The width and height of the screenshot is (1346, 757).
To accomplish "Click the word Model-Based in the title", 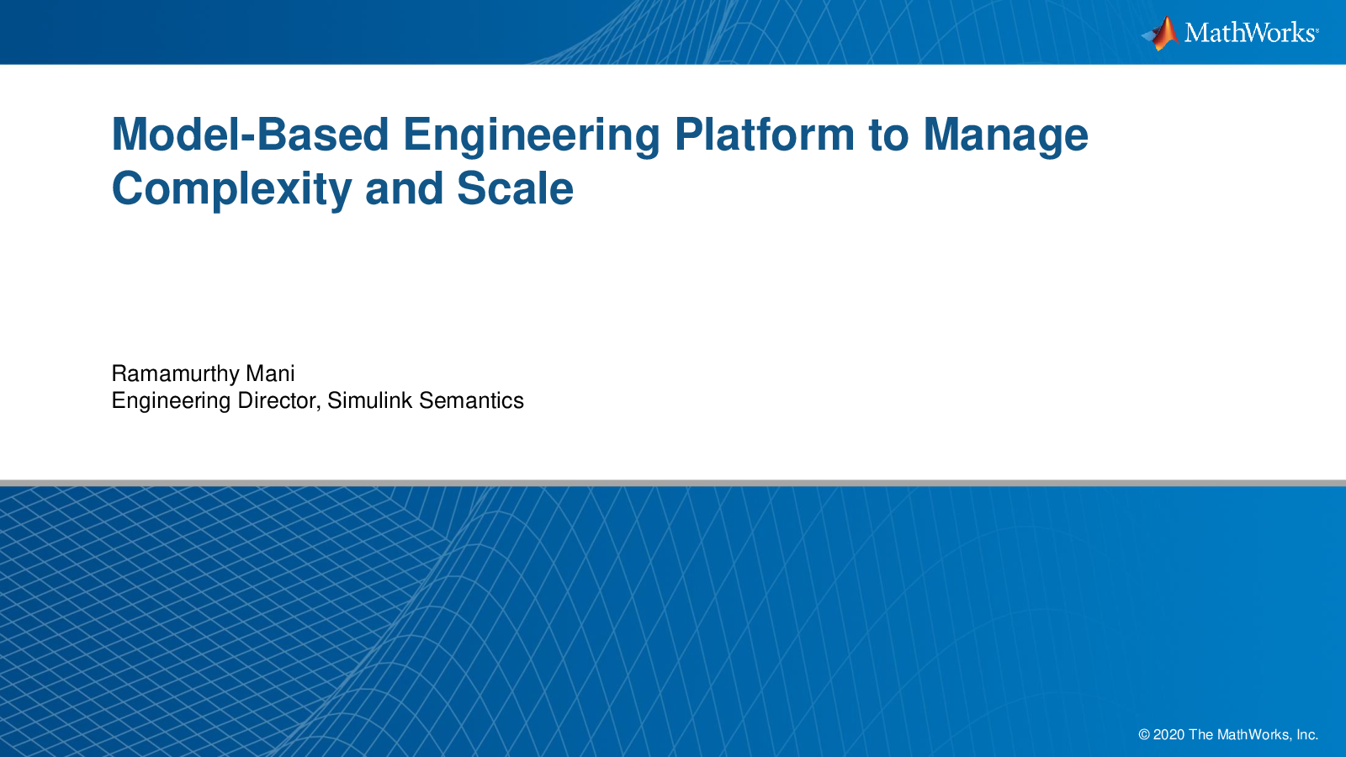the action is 251,134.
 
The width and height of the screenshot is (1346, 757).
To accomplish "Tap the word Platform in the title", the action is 765,134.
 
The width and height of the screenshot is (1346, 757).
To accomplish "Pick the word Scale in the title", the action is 515,188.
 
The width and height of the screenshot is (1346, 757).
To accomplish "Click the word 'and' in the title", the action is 405,188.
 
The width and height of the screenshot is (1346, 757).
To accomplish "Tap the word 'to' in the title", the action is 888,135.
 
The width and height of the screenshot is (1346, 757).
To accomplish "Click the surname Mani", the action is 270,373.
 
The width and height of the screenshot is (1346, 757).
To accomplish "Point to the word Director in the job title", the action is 278,400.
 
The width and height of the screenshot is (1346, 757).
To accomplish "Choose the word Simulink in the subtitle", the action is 369,400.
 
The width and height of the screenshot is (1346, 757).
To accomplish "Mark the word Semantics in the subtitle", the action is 472,400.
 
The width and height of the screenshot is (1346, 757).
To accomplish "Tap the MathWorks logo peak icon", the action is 1160,34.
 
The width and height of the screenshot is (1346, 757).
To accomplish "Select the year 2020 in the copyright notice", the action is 1168,735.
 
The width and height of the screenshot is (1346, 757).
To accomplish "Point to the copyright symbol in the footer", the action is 1144,735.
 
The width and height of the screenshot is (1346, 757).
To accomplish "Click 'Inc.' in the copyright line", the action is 1307,735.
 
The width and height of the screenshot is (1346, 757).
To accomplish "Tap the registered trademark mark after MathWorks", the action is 1317,29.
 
